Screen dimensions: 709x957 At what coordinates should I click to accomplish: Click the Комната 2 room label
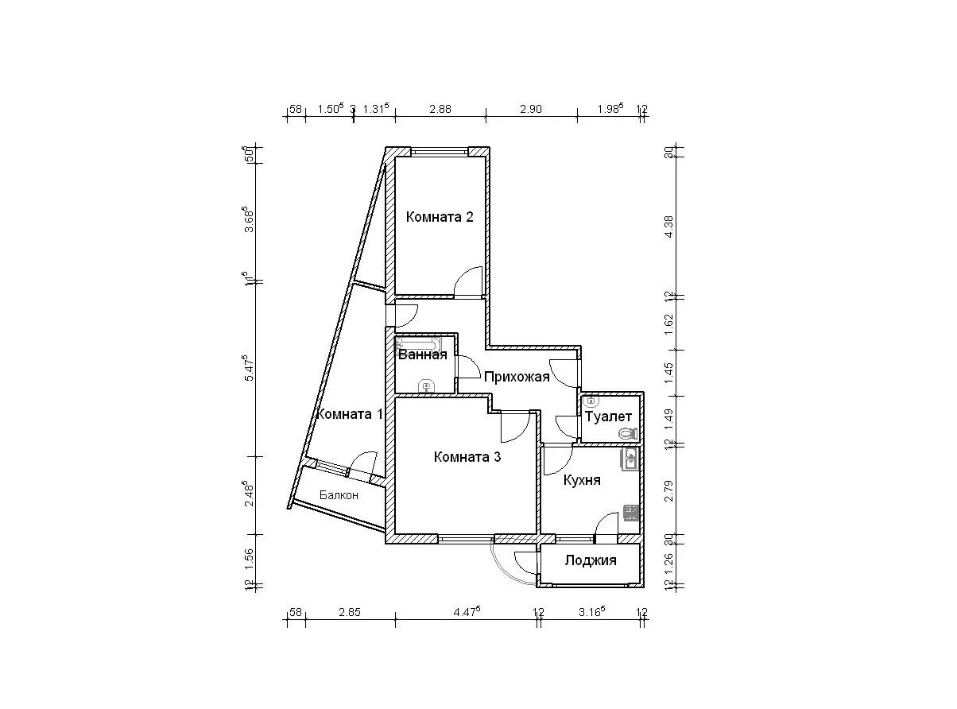click(440, 217)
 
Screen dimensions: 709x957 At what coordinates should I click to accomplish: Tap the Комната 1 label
click(350, 414)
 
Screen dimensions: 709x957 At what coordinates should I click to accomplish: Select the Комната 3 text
click(467, 457)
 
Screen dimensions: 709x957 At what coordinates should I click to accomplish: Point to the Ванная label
click(422, 355)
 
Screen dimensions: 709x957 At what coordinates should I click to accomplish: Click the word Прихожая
click(517, 377)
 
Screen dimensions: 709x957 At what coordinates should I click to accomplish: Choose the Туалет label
click(608, 416)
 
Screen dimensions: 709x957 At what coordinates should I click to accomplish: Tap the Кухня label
click(582, 480)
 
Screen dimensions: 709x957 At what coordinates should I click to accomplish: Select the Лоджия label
click(590, 560)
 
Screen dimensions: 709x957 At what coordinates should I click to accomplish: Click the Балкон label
click(339, 495)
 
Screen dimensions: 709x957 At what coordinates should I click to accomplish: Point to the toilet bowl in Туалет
click(627, 433)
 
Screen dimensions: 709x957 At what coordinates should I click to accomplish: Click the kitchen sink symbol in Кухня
click(630, 459)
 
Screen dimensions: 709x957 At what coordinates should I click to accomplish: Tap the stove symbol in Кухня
click(630, 513)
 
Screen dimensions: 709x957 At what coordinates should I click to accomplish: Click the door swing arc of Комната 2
click(471, 280)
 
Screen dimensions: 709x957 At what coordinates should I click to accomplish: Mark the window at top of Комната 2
click(440, 151)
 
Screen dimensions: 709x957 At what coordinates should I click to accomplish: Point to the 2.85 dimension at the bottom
click(349, 612)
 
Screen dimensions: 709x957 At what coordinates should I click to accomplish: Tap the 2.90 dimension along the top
click(530, 110)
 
